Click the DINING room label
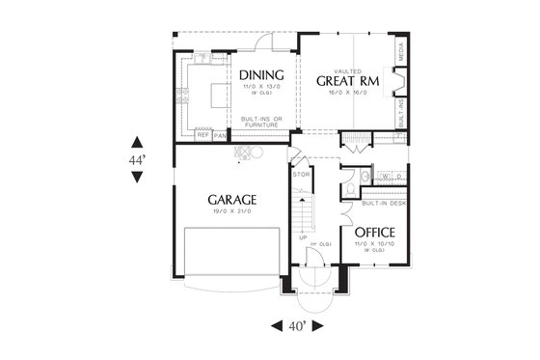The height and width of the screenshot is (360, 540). point(260,75)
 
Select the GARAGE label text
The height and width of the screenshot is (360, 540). point(231,200)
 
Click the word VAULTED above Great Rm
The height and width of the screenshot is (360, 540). point(347,69)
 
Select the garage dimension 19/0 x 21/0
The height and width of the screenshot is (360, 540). point(231,212)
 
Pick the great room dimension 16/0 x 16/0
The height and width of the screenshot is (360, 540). point(347,94)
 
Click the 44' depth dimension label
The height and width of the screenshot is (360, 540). point(138,158)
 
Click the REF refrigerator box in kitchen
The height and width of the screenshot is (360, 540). point(203,136)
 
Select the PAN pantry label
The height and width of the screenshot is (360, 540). point(220,136)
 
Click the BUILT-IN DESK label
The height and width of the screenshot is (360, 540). point(382,204)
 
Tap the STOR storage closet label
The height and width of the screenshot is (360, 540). point(300,175)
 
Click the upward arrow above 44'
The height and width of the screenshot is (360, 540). point(138,139)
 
